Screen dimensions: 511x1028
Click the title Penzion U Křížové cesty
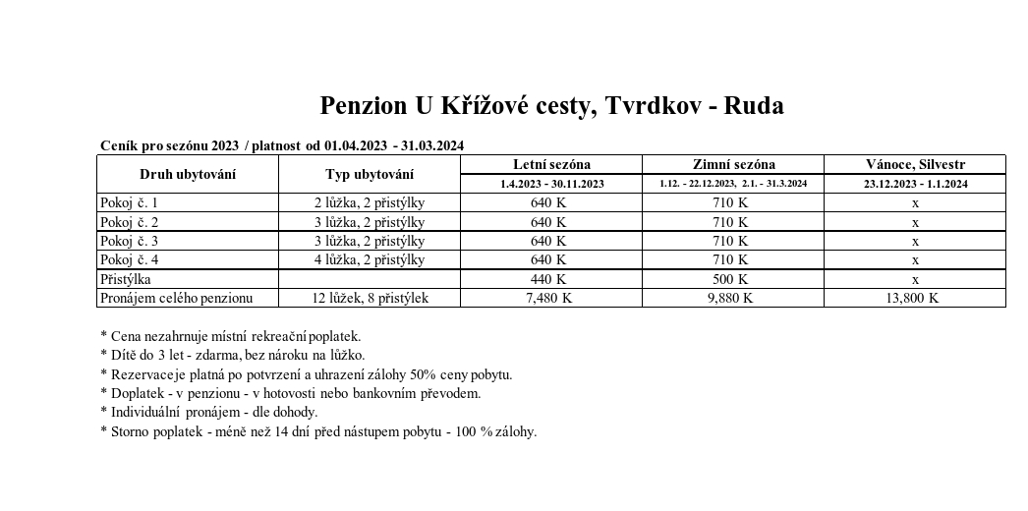551,106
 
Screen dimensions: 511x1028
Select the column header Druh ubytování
188,175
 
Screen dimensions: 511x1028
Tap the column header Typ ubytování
370,175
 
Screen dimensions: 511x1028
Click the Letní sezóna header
551,164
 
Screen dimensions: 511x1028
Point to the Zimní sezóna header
733,164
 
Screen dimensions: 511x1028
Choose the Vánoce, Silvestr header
915,164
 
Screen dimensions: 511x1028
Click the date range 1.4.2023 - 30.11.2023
551,184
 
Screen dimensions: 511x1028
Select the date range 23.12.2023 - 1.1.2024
915,184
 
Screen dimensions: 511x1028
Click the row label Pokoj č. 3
129,241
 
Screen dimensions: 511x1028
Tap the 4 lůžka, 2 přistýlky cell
370,259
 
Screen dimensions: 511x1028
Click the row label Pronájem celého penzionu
177,298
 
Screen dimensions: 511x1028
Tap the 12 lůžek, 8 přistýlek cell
370,298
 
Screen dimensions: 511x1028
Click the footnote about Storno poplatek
318,431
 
